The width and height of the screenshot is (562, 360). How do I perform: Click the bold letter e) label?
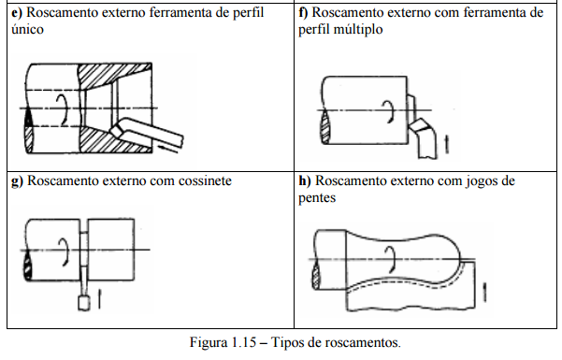point(17,13)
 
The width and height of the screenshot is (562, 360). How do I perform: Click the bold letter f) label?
point(303,12)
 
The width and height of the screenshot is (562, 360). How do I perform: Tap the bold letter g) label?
point(17,181)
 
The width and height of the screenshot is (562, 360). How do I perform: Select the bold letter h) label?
point(305,180)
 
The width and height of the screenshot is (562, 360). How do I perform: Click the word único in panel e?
point(28,29)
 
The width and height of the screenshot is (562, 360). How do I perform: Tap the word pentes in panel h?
point(317,198)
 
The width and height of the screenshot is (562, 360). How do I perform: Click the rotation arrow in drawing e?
point(65,109)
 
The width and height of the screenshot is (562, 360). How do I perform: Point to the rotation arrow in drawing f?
point(389,112)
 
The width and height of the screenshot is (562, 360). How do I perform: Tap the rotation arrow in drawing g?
point(65,252)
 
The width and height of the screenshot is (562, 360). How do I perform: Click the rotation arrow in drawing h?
point(392,259)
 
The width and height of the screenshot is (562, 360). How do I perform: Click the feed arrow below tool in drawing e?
point(167,149)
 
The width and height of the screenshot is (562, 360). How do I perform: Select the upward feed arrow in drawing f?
point(447,144)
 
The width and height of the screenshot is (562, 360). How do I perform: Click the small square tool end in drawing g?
point(84,303)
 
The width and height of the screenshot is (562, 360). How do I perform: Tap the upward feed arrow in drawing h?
point(484,293)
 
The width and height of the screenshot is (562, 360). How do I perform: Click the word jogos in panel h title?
point(483,181)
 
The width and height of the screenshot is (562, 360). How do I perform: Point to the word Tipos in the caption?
point(286,342)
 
